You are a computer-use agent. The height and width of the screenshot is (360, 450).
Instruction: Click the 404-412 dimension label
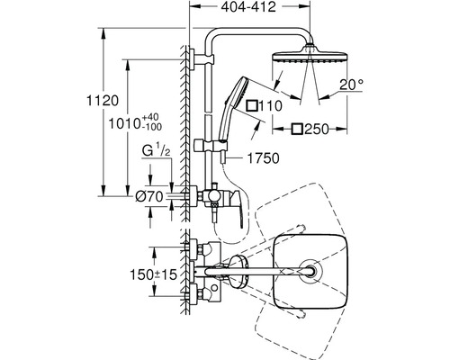pyautogui.click(x=248, y=6)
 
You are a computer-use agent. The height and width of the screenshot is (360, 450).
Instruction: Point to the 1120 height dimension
pyautogui.click(x=103, y=101)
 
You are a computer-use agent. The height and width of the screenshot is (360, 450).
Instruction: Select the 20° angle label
pyautogui.click(x=351, y=85)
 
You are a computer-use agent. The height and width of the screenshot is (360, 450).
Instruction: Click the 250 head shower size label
pyautogui.click(x=317, y=130)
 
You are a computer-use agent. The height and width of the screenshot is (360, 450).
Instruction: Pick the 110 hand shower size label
pyautogui.click(x=270, y=106)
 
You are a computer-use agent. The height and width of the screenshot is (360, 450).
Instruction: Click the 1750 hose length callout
pyautogui.click(x=263, y=158)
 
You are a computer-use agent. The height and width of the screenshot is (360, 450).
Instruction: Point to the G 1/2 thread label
pyautogui.click(x=157, y=151)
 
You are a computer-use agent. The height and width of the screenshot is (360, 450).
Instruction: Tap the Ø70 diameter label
pyautogui.click(x=149, y=197)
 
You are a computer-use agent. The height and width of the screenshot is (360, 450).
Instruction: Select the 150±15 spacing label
pyautogui.click(x=154, y=274)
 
